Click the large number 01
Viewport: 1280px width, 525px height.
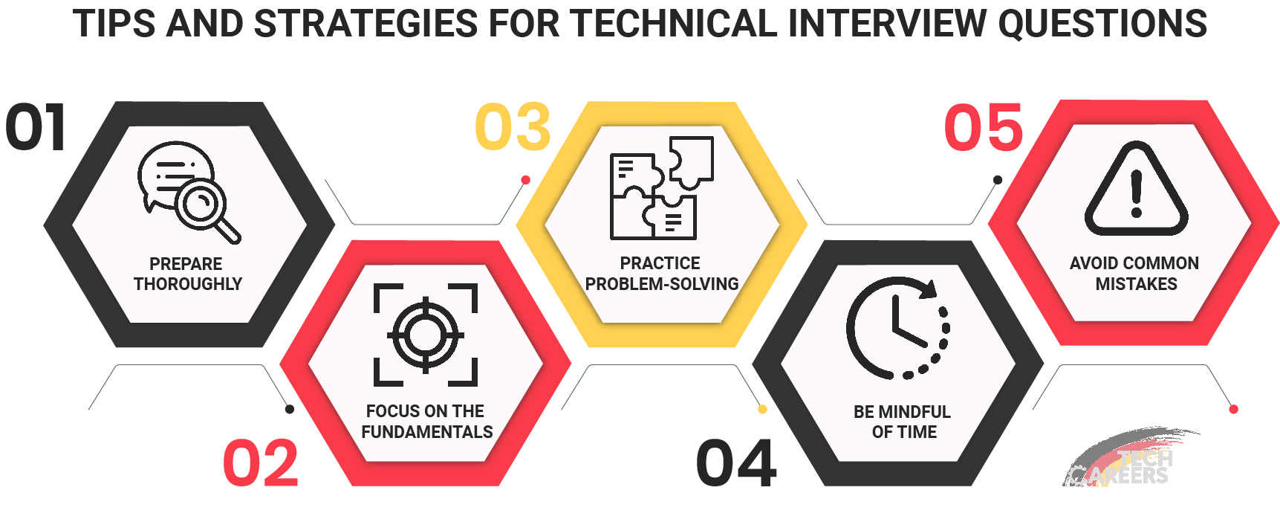click(36, 127)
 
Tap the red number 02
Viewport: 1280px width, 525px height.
click(261, 463)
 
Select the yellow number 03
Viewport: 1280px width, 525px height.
click(513, 127)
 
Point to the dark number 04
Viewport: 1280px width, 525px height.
click(736, 463)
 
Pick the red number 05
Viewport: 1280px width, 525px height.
click(984, 127)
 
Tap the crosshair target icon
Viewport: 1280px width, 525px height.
click(426, 335)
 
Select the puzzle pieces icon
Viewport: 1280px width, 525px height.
click(661, 187)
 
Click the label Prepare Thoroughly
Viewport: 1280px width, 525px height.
click(187, 274)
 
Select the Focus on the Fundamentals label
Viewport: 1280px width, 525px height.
click(426, 422)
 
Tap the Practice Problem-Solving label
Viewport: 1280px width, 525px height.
click(661, 274)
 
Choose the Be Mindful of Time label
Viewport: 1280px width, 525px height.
click(903, 422)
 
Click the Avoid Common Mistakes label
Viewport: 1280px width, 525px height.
click(1134, 274)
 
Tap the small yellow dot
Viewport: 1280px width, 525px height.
click(762, 409)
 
